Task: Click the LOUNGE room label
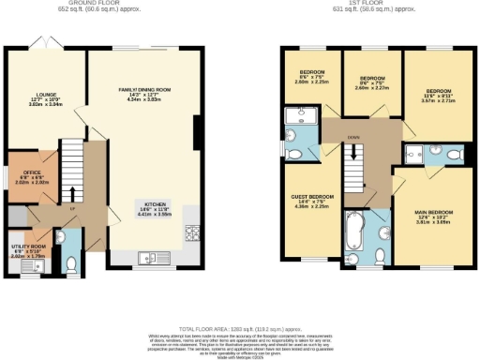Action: tap(47, 95)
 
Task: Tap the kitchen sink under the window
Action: tap(150, 258)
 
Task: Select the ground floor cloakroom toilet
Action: tap(72, 263)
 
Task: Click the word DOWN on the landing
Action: tap(352, 138)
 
